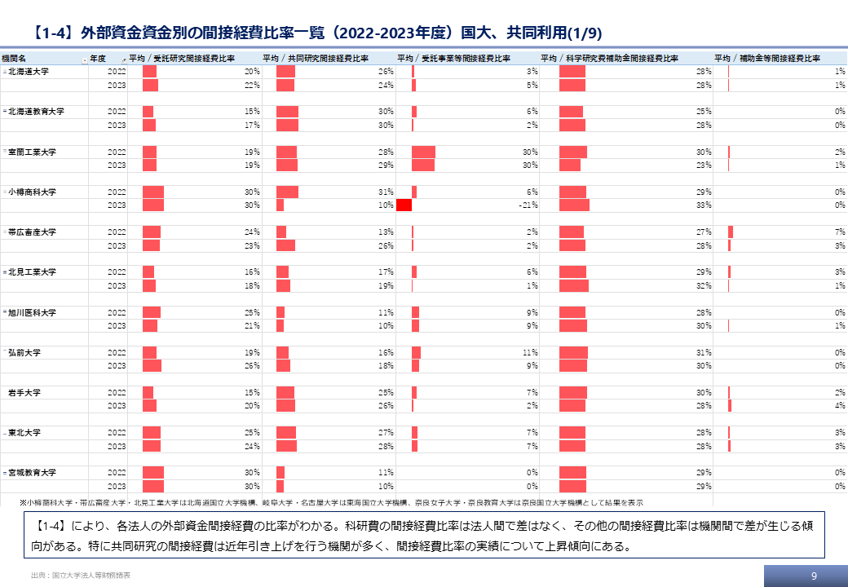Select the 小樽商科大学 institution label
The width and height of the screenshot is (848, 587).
point(32,192)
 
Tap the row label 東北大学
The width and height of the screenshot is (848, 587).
point(24,432)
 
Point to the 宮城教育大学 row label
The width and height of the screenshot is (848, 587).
point(32,472)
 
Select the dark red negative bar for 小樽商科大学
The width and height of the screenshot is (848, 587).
point(404,205)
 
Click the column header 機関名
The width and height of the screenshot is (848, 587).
point(15,59)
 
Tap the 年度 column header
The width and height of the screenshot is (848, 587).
point(98,59)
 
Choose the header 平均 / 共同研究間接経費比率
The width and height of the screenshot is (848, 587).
point(316,59)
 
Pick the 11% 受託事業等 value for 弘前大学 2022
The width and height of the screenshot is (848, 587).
point(531,352)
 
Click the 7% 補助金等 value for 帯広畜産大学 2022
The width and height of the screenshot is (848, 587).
point(840,232)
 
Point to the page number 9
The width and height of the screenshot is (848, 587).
point(803,575)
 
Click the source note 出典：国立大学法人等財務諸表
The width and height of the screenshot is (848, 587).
point(80,576)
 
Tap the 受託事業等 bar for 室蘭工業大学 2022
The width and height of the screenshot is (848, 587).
point(423,152)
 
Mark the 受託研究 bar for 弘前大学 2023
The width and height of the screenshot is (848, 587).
point(152,365)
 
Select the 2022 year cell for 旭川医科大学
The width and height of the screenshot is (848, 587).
point(117,312)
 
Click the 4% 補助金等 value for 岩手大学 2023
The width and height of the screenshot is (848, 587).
point(840,405)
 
